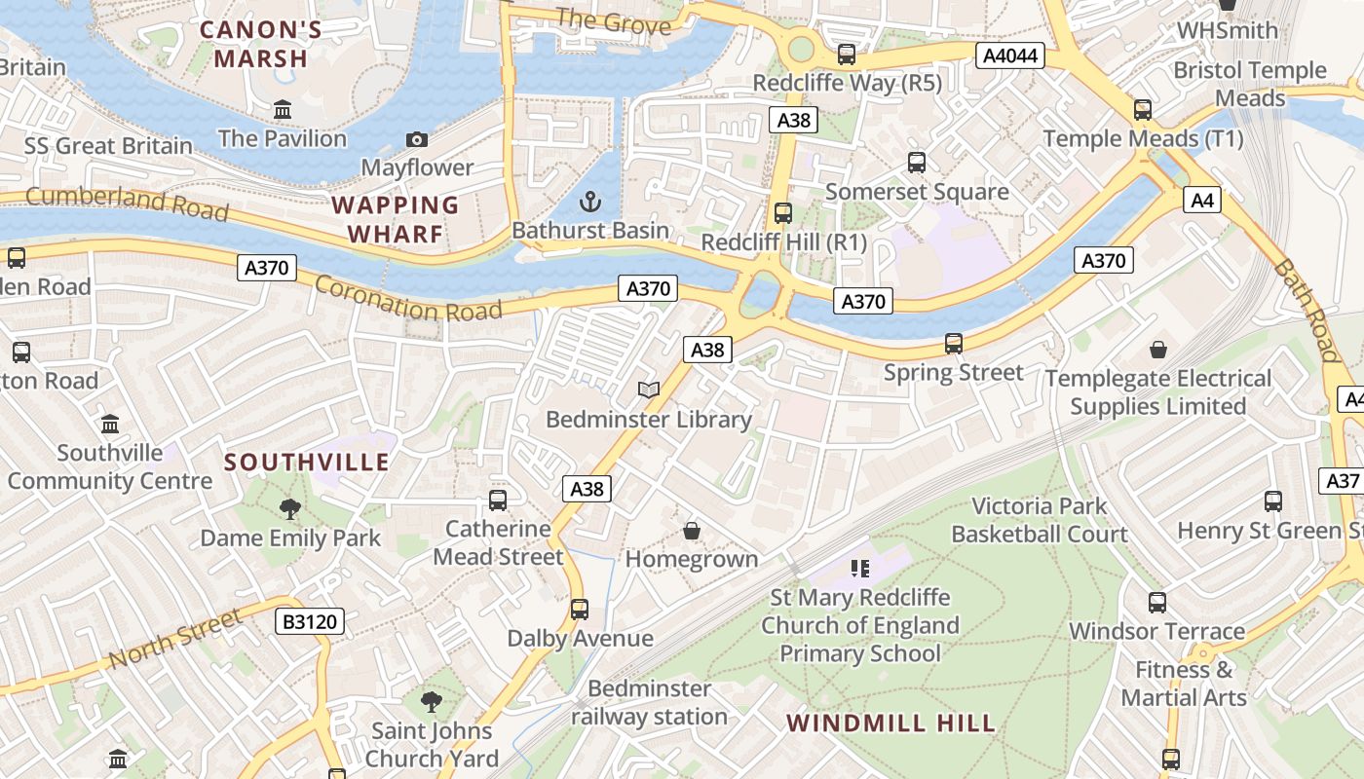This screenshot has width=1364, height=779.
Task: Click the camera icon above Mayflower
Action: tap(416, 140)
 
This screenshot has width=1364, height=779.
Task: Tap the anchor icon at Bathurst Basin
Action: tap(589, 203)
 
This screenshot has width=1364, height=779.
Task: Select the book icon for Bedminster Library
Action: tap(649, 390)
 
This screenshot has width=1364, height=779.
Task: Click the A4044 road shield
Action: tap(1010, 56)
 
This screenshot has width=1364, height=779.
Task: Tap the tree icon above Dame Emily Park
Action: tap(289, 508)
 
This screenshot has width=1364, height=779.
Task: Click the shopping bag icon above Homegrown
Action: tap(691, 531)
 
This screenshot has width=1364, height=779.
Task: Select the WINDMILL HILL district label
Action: tap(890, 723)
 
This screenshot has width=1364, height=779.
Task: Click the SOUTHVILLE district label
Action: tap(307, 462)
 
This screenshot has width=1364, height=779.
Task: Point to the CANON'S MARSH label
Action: tap(261, 45)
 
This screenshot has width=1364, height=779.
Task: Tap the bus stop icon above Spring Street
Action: tap(954, 344)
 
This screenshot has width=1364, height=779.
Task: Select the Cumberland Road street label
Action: tap(127, 204)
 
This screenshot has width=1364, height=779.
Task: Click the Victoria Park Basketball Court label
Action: tap(1040, 520)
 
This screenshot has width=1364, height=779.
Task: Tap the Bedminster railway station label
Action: tap(650, 703)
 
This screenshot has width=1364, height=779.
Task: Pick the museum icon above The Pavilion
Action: tap(283, 110)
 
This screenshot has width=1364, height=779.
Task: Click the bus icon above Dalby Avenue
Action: tap(580, 610)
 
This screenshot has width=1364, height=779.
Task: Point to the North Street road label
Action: tap(174, 640)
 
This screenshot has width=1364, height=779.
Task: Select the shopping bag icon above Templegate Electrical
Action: tap(1158, 350)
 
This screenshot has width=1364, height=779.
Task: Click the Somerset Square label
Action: tap(917, 192)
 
